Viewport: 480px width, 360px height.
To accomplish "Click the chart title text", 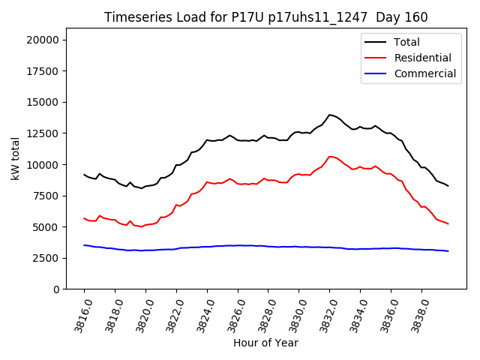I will coord(265,17).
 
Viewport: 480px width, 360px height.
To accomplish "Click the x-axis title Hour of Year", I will coord(265,343).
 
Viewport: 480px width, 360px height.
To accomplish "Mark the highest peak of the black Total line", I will coord(329,115).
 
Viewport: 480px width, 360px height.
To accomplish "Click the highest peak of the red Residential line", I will coord(330,157).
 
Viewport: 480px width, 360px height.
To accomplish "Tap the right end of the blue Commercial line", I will coord(448,251).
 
